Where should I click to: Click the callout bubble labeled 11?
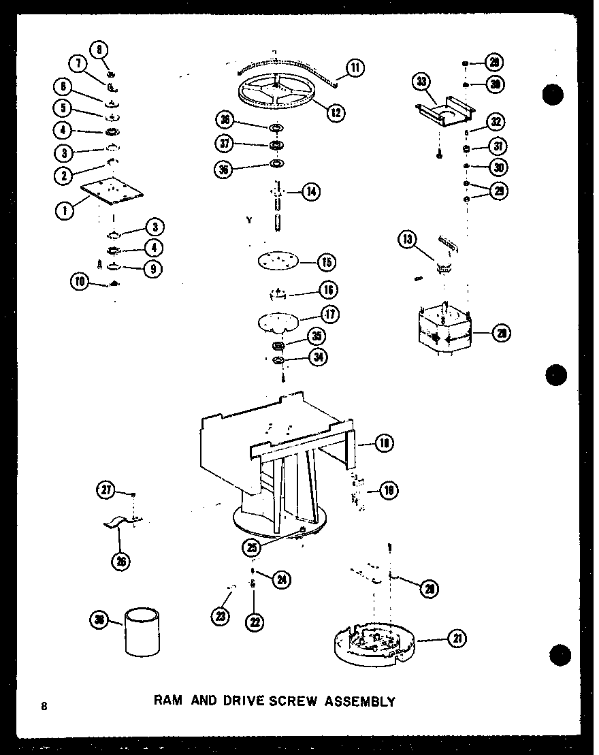coord(355,67)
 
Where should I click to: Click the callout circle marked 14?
coord(311,192)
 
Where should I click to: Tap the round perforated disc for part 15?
coord(278,261)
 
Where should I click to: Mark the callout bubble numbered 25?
coord(253,546)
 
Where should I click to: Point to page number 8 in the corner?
coord(44,705)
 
